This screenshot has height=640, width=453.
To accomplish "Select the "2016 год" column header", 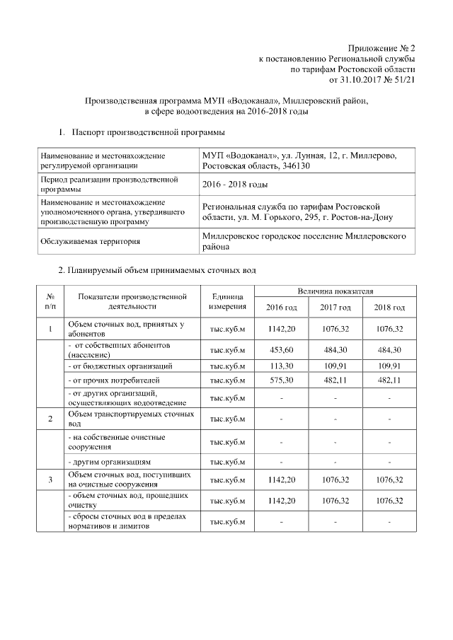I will [x=281, y=307].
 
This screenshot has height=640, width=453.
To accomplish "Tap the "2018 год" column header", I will [x=389, y=307].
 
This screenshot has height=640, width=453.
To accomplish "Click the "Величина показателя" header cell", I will [x=336, y=291].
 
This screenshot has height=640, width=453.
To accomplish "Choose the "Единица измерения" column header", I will [x=227, y=301].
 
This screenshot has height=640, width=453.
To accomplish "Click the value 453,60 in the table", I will [x=281, y=350].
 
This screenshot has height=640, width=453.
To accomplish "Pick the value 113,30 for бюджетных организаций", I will [x=281, y=366].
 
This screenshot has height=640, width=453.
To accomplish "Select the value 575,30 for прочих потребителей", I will [x=281, y=380].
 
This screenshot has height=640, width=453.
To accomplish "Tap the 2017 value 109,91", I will [x=336, y=366].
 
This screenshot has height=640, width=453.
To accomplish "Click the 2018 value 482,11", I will [x=389, y=380].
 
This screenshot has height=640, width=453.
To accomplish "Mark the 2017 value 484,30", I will [x=336, y=350].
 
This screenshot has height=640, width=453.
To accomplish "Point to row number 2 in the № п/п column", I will [x=50, y=419].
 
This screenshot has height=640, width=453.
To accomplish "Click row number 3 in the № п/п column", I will [x=50, y=480].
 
